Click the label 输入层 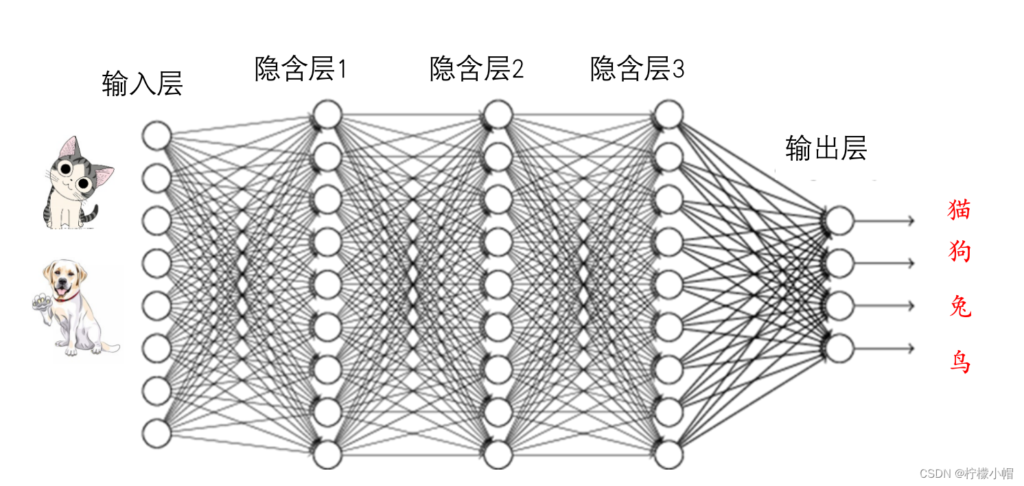click(x=142, y=83)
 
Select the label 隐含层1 click(x=301, y=69)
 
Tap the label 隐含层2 click(x=476, y=69)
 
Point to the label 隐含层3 click(x=637, y=69)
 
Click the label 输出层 click(x=826, y=148)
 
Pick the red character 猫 click(x=959, y=209)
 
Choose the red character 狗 click(x=959, y=252)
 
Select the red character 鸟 click(x=959, y=360)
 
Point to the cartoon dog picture click(x=74, y=307)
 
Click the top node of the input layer click(x=156, y=135)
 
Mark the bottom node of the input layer click(x=156, y=433)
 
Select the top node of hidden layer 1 click(x=327, y=114)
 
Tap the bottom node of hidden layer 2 click(x=498, y=454)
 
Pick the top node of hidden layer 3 click(x=668, y=114)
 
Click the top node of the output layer click(x=839, y=220)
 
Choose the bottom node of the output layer click(x=839, y=348)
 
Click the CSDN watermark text click(x=966, y=473)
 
